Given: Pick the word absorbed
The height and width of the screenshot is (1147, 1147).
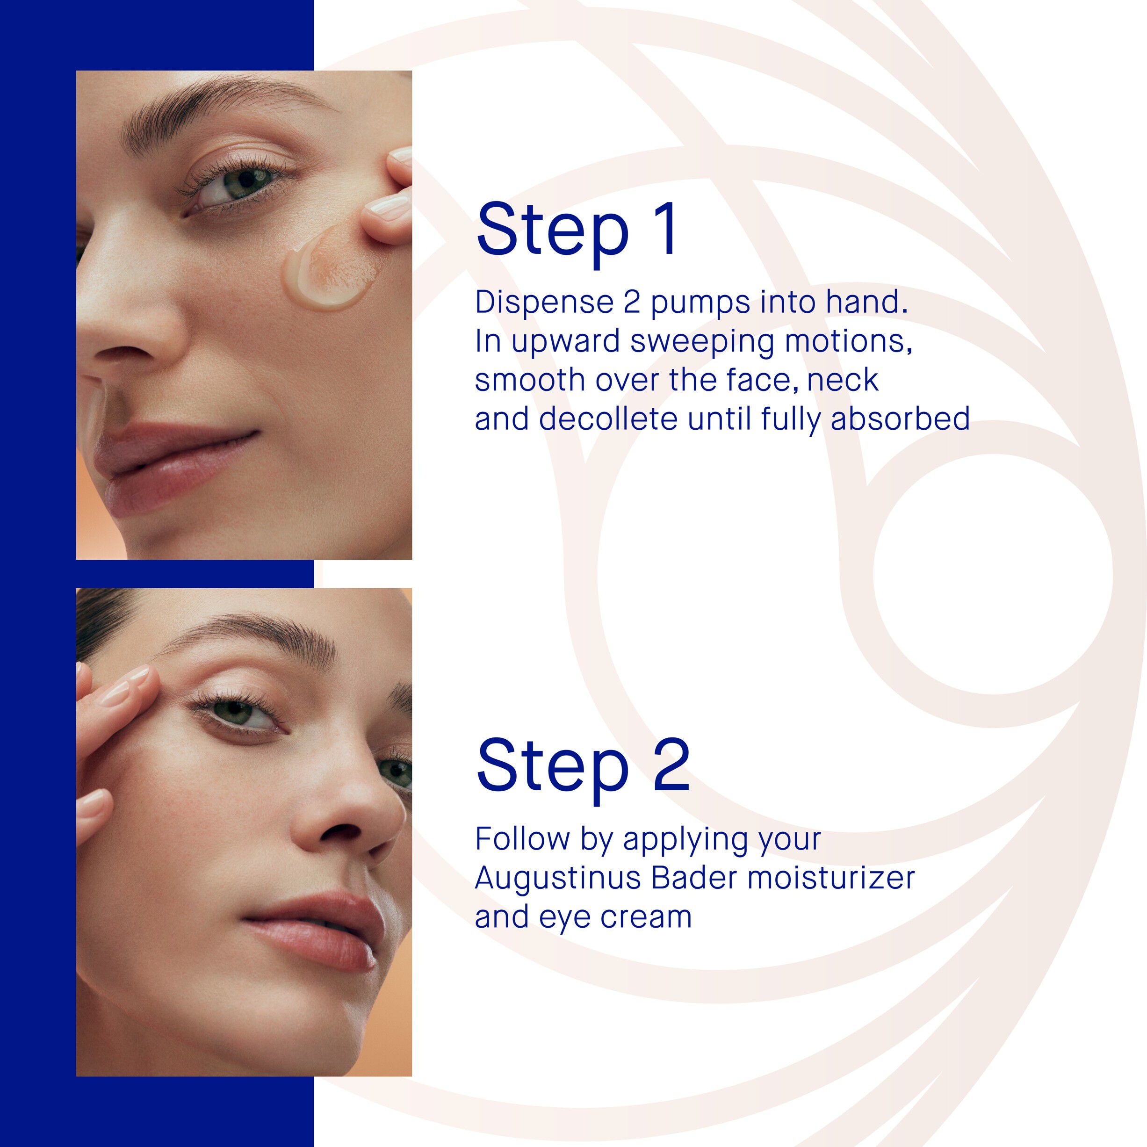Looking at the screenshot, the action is pyautogui.click(x=900, y=418).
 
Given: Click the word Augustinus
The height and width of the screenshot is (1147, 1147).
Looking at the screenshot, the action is pyautogui.click(x=557, y=879).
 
